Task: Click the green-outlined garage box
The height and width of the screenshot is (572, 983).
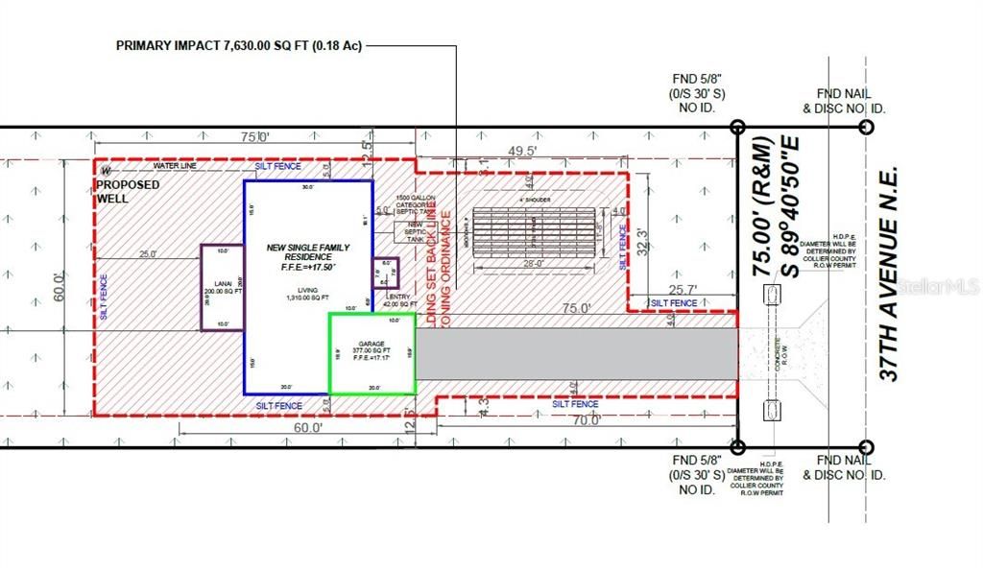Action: [x=372, y=354]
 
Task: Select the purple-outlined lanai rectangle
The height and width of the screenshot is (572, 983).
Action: [x=222, y=288]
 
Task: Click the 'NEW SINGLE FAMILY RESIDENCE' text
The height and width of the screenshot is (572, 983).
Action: [x=308, y=253]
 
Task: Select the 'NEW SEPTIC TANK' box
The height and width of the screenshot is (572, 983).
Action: [x=413, y=231]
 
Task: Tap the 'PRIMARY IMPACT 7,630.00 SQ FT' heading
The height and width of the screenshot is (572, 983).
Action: [x=238, y=45]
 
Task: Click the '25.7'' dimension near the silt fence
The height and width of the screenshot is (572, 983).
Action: [x=683, y=289]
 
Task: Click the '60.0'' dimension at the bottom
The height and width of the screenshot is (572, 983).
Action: [x=307, y=429]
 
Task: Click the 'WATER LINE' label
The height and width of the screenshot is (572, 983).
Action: [x=173, y=166]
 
